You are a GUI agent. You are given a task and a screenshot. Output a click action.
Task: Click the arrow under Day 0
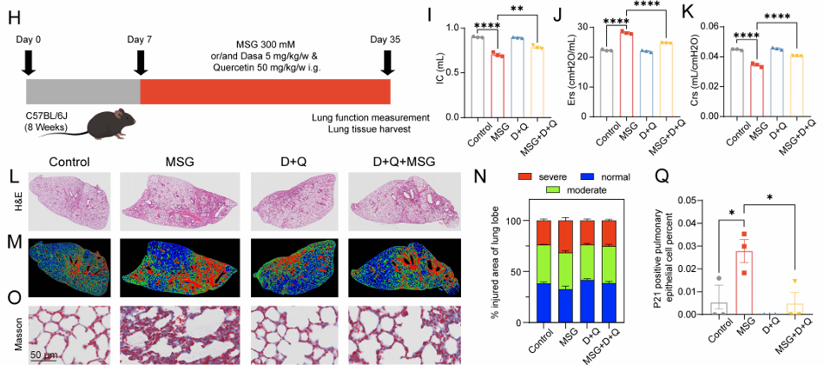pyautogui.click(x=28, y=63)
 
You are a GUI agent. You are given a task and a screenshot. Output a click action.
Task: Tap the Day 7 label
pyautogui.click(x=141, y=39)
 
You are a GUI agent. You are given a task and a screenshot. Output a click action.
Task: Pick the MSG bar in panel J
pyautogui.click(x=623, y=74)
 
